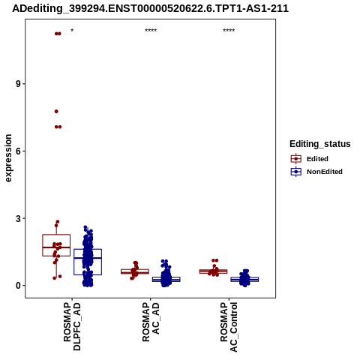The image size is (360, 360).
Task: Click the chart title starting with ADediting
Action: (x=151, y=8)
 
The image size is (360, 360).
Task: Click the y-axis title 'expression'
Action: (x=8, y=158)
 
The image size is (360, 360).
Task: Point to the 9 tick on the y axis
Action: (x=18, y=84)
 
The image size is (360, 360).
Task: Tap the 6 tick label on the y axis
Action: (x=18, y=151)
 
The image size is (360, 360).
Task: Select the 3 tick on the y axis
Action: (x=18, y=218)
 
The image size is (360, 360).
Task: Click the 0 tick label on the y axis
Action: (x=18, y=286)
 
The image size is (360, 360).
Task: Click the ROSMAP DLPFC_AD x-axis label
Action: (x=72, y=326)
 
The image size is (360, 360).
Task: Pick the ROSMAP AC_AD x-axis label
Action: (x=151, y=322)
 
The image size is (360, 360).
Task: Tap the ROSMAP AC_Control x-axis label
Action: (x=229, y=327)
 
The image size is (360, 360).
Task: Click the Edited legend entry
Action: (x=310, y=159)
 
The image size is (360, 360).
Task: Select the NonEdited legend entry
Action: (x=316, y=172)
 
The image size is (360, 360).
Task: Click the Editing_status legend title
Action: (x=320, y=144)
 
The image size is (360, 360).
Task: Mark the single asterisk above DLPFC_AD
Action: (x=72, y=31)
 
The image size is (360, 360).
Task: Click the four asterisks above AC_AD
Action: (x=151, y=31)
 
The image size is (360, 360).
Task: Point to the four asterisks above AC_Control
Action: (x=229, y=31)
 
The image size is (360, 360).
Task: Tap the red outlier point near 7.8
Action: (x=56, y=111)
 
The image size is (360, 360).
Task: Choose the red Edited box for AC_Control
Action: (x=213, y=271)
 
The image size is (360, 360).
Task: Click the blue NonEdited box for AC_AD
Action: (x=166, y=279)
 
